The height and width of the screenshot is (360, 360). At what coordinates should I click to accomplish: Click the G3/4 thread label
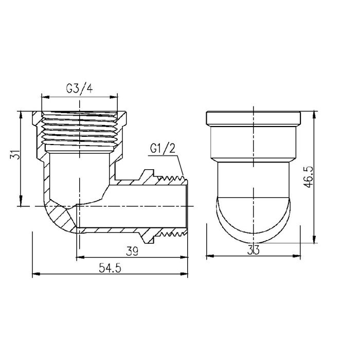[x=80, y=88]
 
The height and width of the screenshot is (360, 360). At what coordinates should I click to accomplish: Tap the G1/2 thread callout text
[x=163, y=149]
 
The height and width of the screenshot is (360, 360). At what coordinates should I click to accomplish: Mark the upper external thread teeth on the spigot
[x=172, y=178]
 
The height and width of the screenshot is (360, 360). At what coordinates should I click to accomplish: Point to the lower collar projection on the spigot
[x=151, y=238]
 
